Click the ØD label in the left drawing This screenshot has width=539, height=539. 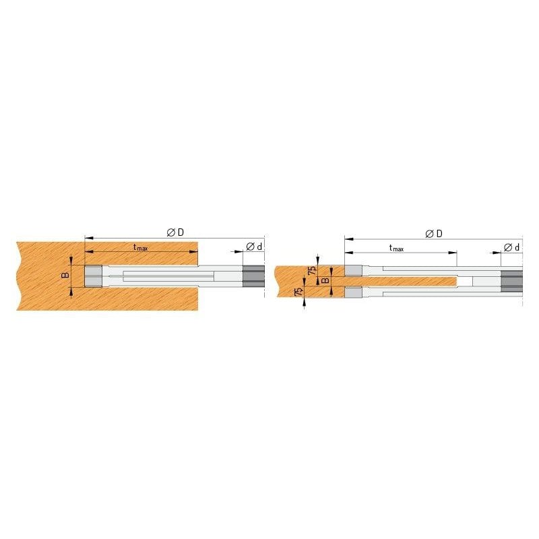(x=175, y=232)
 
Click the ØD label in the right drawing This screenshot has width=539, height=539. (x=434, y=234)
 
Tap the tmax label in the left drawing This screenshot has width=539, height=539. (x=141, y=247)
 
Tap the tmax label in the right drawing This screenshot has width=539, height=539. (x=396, y=248)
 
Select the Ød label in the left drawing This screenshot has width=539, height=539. (x=254, y=247)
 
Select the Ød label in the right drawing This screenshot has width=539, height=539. (x=511, y=247)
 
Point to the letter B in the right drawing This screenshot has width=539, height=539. (x=325, y=280)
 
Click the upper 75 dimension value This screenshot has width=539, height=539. (x=312, y=270)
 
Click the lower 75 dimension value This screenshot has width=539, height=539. (x=299, y=292)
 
